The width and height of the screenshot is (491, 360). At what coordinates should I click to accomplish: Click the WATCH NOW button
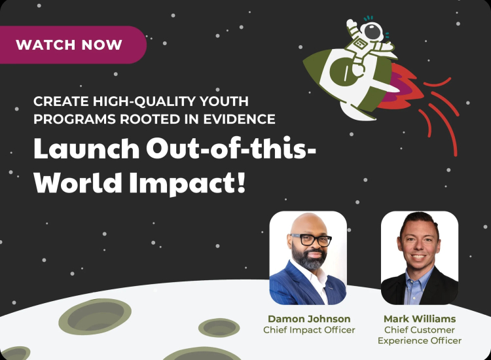(69, 45)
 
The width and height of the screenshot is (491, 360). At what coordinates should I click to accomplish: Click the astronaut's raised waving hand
(351, 24)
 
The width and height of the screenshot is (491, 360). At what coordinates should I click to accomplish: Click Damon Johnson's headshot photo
(308, 258)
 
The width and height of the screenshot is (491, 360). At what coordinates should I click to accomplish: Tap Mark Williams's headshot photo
(419, 258)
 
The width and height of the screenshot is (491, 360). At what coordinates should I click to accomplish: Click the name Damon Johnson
(309, 319)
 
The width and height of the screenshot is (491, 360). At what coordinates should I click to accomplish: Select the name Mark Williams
(419, 319)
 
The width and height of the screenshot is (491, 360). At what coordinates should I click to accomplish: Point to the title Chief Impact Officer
(309, 330)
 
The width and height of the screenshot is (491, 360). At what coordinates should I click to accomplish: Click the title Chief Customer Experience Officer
(419, 335)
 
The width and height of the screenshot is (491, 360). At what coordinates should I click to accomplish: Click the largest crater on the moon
(96, 315)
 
